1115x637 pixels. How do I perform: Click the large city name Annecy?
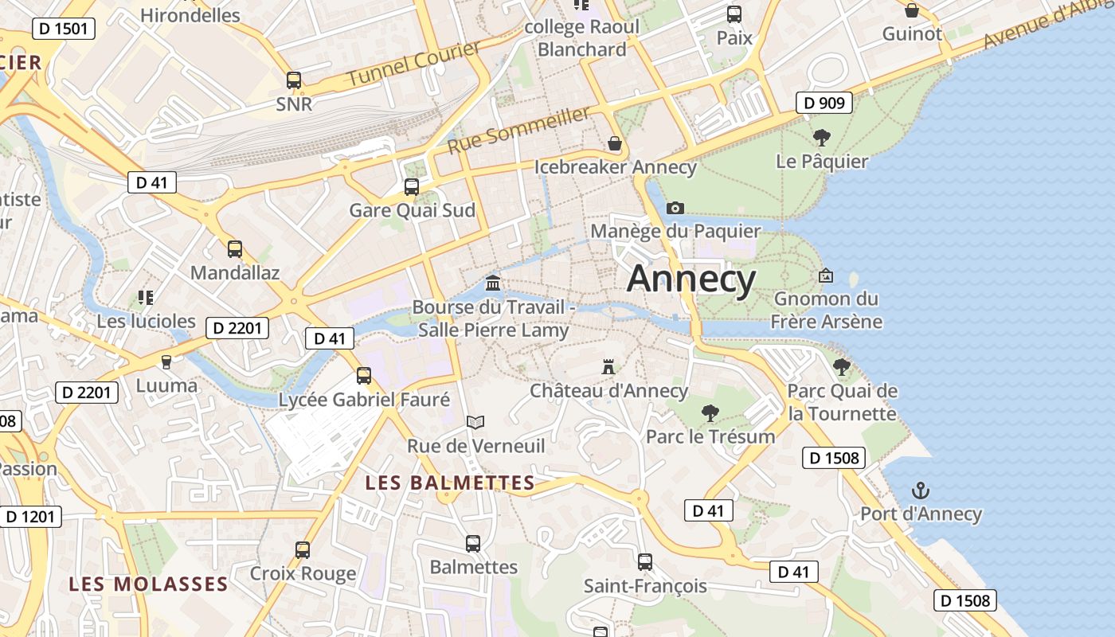click(x=691, y=279)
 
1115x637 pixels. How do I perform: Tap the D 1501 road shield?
click(x=64, y=29)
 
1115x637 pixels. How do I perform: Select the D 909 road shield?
click(x=824, y=103)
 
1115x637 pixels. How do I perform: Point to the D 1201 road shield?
click(x=30, y=517)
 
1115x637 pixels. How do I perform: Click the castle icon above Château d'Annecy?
click(x=608, y=367)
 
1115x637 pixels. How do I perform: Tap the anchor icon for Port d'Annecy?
click(x=921, y=490)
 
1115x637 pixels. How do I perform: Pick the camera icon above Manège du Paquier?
click(x=675, y=208)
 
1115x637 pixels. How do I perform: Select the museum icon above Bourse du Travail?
click(x=493, y=283)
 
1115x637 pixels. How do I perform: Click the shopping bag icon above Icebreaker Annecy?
click(x=615, y=143)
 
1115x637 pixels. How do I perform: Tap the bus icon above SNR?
click(x=294, y=80)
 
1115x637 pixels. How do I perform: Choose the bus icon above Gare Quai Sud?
click(x=412, y=187)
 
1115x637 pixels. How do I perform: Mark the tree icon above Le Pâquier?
click(x=822, y=138)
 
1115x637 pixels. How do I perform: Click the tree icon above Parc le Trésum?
click(x=710, y=412)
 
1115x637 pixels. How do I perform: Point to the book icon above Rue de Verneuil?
click(x=475, y=422)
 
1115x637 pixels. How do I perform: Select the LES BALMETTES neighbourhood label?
click(x=450, y=483)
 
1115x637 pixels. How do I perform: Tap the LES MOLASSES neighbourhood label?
click(x=148, y=584)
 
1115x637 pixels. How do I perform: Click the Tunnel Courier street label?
click(x=414, y=63)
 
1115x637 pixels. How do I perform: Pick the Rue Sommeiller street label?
click(x=518, y=131)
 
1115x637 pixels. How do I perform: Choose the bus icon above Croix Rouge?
click(x=303, y=549)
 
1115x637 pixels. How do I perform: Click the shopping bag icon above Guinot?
click(x=912, y=10)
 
